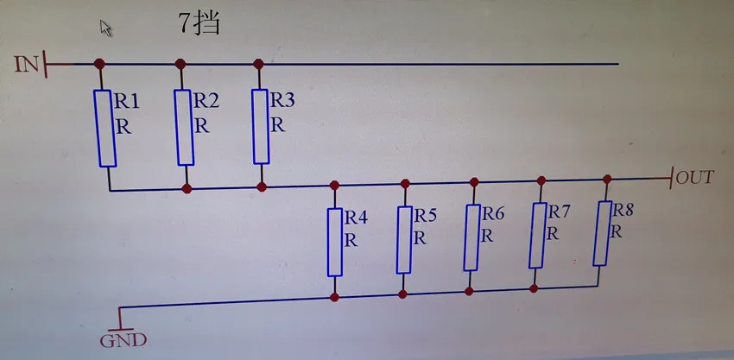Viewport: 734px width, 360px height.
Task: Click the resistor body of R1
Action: point(106,128)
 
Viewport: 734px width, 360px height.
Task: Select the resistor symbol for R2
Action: point(185,126)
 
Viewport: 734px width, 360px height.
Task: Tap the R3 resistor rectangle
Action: point(262,126)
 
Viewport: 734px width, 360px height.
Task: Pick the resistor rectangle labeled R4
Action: point(335,241)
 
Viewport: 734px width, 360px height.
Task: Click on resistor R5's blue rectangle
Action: point(404,239)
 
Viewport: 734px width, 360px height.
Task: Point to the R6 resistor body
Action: point(471,237)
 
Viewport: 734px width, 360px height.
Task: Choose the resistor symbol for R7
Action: point(537,234)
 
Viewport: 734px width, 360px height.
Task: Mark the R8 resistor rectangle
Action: point(602,232)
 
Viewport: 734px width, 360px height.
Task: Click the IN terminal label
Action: point(27,63)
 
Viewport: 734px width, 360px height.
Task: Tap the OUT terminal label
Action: point(695,178)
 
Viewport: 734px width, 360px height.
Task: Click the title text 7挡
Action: point(198,23)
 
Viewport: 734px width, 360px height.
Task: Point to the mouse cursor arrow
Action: point(106,28)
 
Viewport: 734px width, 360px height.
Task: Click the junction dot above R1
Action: point(99,64)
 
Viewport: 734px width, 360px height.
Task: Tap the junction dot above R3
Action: point(258,63)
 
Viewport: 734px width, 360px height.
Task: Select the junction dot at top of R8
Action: point(607,180)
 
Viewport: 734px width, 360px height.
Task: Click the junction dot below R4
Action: point(334,297)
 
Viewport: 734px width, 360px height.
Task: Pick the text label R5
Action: point(425,215)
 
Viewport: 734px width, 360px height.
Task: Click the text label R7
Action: point(560,212)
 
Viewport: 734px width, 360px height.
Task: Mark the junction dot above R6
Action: point(474,182)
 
